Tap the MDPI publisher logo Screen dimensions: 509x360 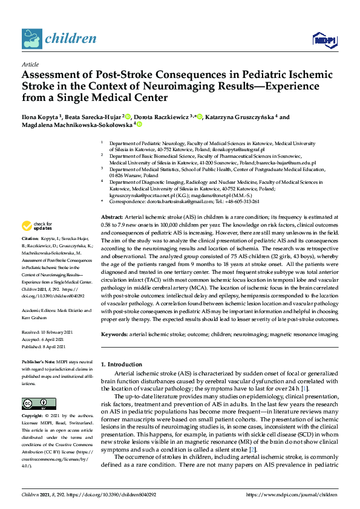(324, 40)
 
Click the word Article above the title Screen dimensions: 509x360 (30, 64)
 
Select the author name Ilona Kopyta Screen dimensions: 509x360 (42, 117)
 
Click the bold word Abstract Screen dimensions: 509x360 (112, 216)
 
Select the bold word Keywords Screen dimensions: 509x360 (115, 334)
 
